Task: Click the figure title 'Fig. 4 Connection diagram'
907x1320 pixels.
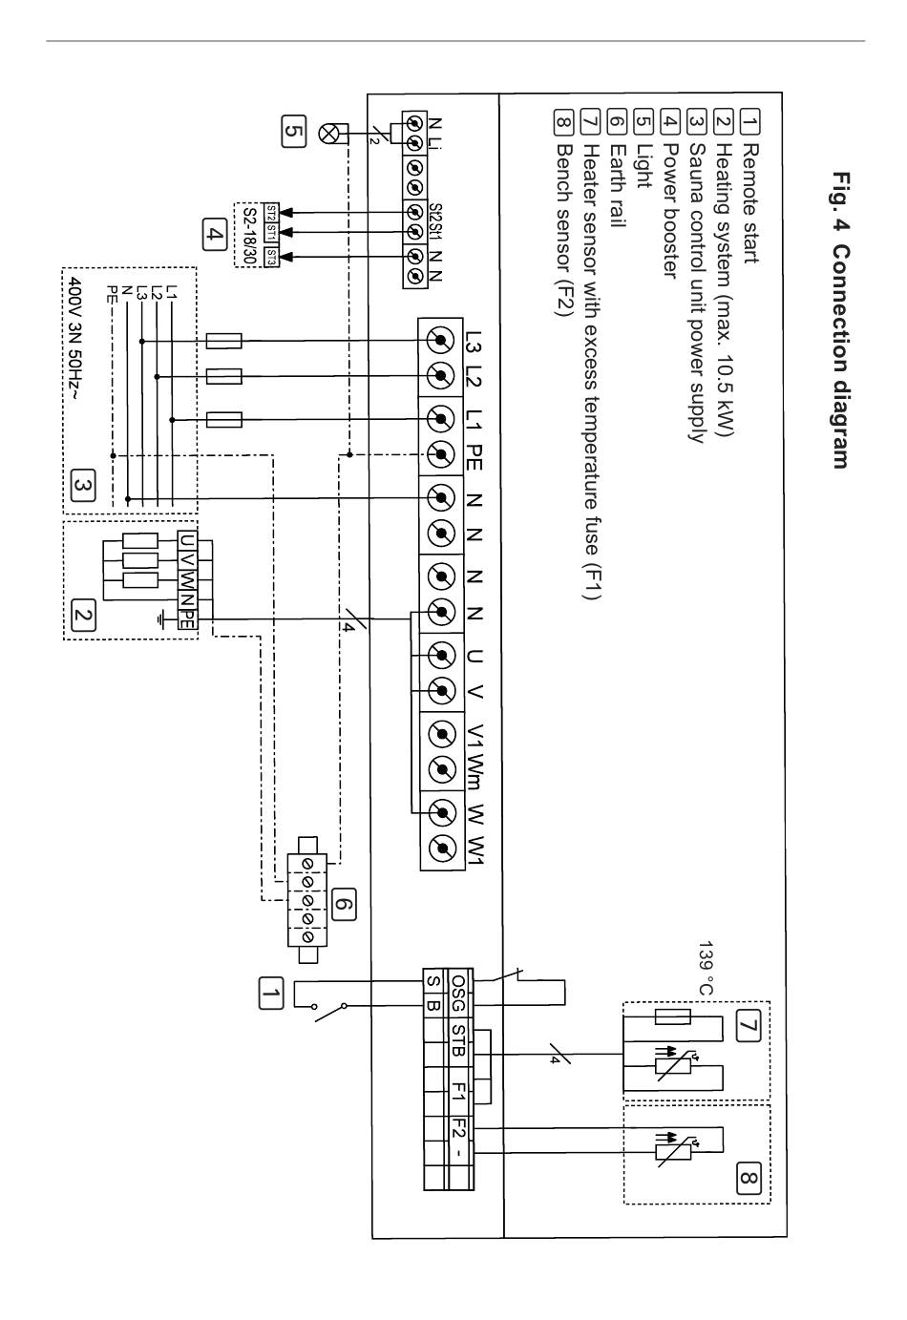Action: click(x=841, y=321)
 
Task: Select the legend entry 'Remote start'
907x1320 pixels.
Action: click(x=749, y=202)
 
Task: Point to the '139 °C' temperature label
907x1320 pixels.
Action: click(x=707, y=968)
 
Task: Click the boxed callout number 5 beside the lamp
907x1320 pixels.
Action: click(x=294, y=131)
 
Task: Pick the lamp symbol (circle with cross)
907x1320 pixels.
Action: click(x=327, y=134)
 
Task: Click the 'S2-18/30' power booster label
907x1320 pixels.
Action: click(x=250, y=236)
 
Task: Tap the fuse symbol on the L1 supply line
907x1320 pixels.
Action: click(x=224, y=420)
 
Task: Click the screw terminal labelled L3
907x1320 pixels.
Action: click(x=440, y=340)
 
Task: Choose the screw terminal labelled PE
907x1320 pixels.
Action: click(x=440, y=454)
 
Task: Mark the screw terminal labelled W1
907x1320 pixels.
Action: click(x=442, y=849)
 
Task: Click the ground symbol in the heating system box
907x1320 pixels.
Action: click(x=161, y=618)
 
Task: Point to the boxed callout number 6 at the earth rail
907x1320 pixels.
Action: click(x=344, y=904)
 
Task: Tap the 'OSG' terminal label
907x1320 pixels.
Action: click(x=458, y=993)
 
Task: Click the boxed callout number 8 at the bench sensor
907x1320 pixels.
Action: click(x=749, y=1178)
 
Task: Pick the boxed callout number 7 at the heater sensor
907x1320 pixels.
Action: click(x=748, y=1026)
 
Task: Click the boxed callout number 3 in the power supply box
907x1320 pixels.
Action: click(x=82, y=486)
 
